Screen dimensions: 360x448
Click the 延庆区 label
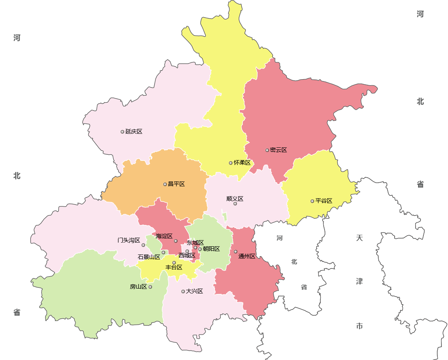(x=134, y=131)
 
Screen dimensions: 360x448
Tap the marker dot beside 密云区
(x=267, y=150)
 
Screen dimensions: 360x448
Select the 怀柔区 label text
(x=242, y=163)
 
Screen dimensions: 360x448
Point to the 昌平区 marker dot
(x=165, y=184)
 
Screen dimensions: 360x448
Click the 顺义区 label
(x=235, y=199)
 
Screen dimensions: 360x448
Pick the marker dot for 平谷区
(x=312, y=201)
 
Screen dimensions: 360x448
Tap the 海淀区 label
(x=164, y=236)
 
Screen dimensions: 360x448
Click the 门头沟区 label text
(x=129, y=240)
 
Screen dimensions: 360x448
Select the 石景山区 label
(x=149, y=257)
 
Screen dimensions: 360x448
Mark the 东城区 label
(x=195, y=243)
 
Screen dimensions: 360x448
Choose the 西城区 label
(x=187, y=255)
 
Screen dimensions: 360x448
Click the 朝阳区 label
(x=211, y=249)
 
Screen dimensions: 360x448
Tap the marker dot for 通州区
(x=235, y=252)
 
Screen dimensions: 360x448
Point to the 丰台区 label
(x=174, y=267)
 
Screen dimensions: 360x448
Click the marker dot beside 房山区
(x=151, y=287)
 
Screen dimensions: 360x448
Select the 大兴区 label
(x=194, y=291)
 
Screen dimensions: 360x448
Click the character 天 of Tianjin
(x=359, y=238)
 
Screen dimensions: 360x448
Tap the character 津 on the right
(x=359, y=282)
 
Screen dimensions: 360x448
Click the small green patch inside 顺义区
(x=224, y=216)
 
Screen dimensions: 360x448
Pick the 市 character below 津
(x=359, y=326)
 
